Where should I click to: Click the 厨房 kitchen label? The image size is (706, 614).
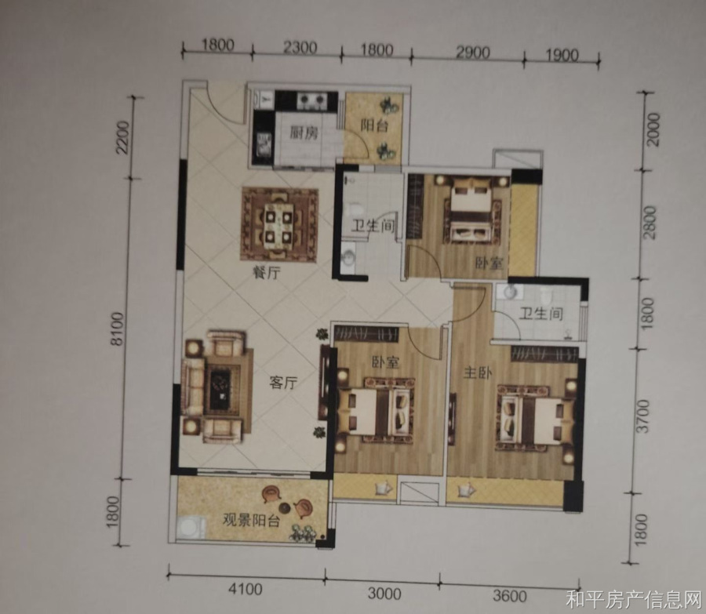[304, 133]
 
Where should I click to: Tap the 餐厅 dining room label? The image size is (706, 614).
[267, 272]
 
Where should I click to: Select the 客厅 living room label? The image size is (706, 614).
[283, 383]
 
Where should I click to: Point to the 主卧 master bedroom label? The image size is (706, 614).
[478, 372]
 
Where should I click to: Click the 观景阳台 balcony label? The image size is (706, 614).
[251, 521]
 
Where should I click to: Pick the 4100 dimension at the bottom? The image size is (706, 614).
[246, 589]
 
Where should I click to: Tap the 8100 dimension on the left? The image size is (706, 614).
[117, 329]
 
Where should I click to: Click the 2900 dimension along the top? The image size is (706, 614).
[473, 53]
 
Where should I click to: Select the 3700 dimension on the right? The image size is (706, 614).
[644, 416]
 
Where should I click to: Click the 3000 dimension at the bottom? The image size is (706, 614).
[384, 594]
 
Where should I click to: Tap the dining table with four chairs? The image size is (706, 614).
[279, 224]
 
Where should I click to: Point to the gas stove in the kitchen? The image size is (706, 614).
[311, 100]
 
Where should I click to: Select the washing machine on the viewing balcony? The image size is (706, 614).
[191, 527]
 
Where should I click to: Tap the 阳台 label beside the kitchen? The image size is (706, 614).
[374, 125]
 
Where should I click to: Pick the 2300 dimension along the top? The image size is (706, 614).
[300, 47]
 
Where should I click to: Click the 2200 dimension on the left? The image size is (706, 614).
[122, 137]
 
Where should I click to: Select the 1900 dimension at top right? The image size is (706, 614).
[562, 55]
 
